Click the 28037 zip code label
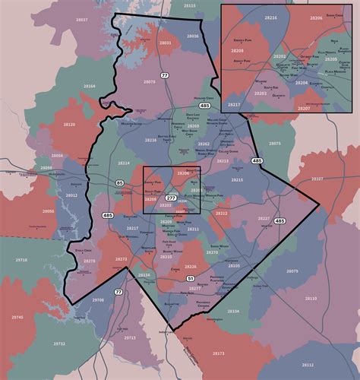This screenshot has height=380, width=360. tap(81, 19)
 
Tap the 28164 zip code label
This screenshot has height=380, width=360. tap(90, 87)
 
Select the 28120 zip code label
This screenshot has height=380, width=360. tap(70, 123)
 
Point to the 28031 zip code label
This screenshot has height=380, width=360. tap(165, 43)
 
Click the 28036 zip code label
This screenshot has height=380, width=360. tap(193, 36)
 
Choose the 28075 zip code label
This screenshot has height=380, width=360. tap(275, 143)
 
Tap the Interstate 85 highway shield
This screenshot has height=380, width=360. tap(120, 183)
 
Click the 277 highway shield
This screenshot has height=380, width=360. tap(170, 198)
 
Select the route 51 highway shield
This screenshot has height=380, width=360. tap(191, 280)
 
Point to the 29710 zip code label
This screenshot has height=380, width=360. tap(21, 260)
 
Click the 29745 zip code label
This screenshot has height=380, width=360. tap(17, 317)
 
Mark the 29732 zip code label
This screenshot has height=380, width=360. tap(59, 344)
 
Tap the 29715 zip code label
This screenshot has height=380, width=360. tap(130, 337)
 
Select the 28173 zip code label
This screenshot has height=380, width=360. tap(219, 353)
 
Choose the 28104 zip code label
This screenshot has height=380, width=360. tap(233, 311)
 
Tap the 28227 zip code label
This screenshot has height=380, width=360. tap(264, 218)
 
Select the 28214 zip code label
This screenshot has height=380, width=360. tap(123, 163)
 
